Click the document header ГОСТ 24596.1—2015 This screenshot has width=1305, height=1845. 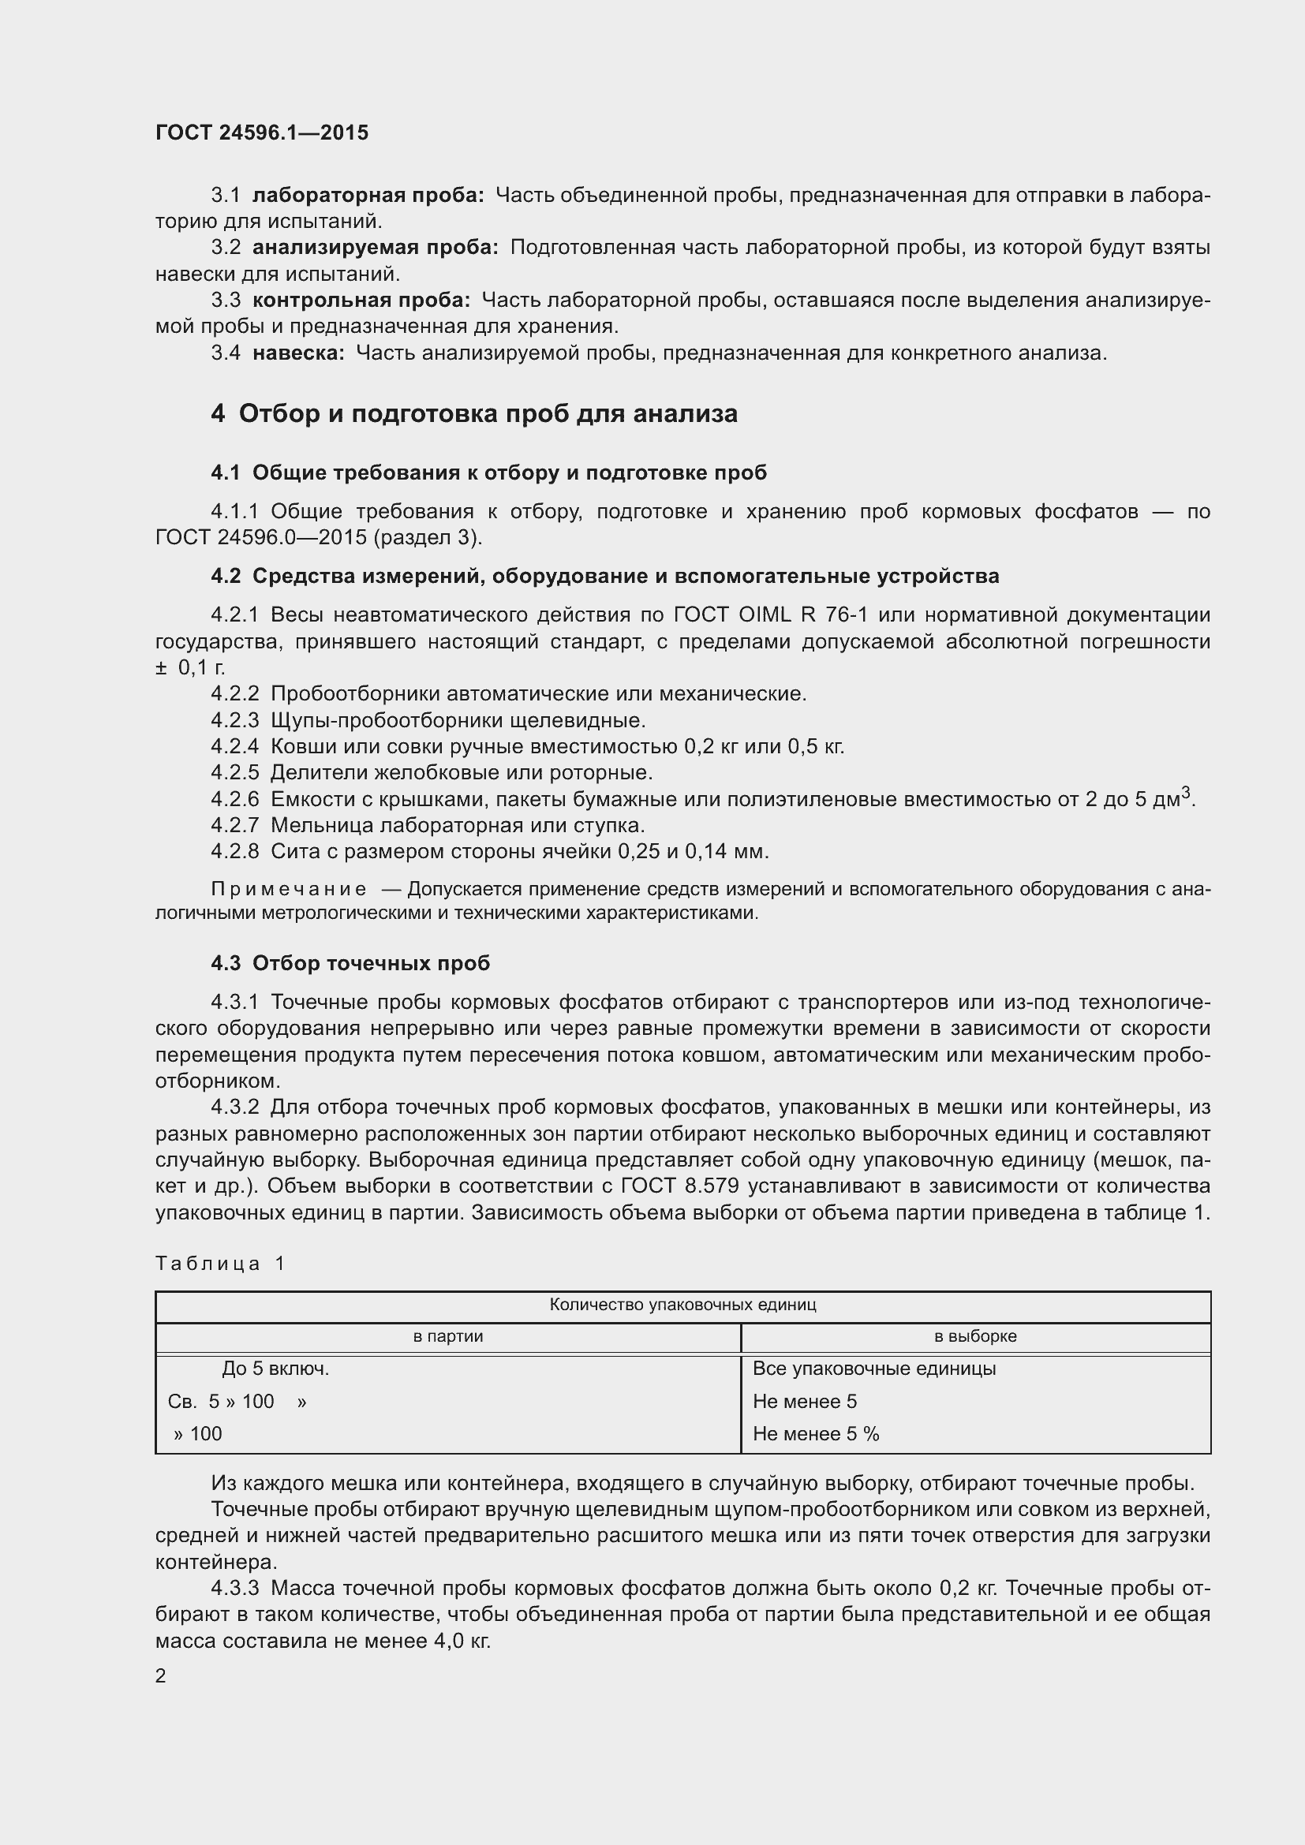click(262, 133)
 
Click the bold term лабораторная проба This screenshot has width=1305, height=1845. click(367, 196)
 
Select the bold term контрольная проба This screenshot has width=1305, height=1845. click(361, 301)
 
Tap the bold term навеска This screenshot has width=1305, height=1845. click(298, 353)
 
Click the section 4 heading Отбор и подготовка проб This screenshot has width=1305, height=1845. click(474, 414)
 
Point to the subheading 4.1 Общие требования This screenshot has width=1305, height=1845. click(488, 472)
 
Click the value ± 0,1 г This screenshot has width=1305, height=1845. click(190, 668)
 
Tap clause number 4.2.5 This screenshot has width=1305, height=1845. click(234, 773)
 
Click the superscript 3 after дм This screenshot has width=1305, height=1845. click(1185, 794)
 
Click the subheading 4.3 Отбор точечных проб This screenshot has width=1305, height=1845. click(350, 962)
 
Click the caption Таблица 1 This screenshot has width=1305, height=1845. click(220, 1263)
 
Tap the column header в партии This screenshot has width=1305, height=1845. click(447, 1336)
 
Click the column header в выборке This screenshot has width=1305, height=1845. click(974, 1336)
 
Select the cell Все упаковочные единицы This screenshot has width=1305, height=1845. click(873, 1369)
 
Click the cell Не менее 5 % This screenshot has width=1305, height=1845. click(816, 1433)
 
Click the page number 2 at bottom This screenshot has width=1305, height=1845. click(161, 1676)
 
